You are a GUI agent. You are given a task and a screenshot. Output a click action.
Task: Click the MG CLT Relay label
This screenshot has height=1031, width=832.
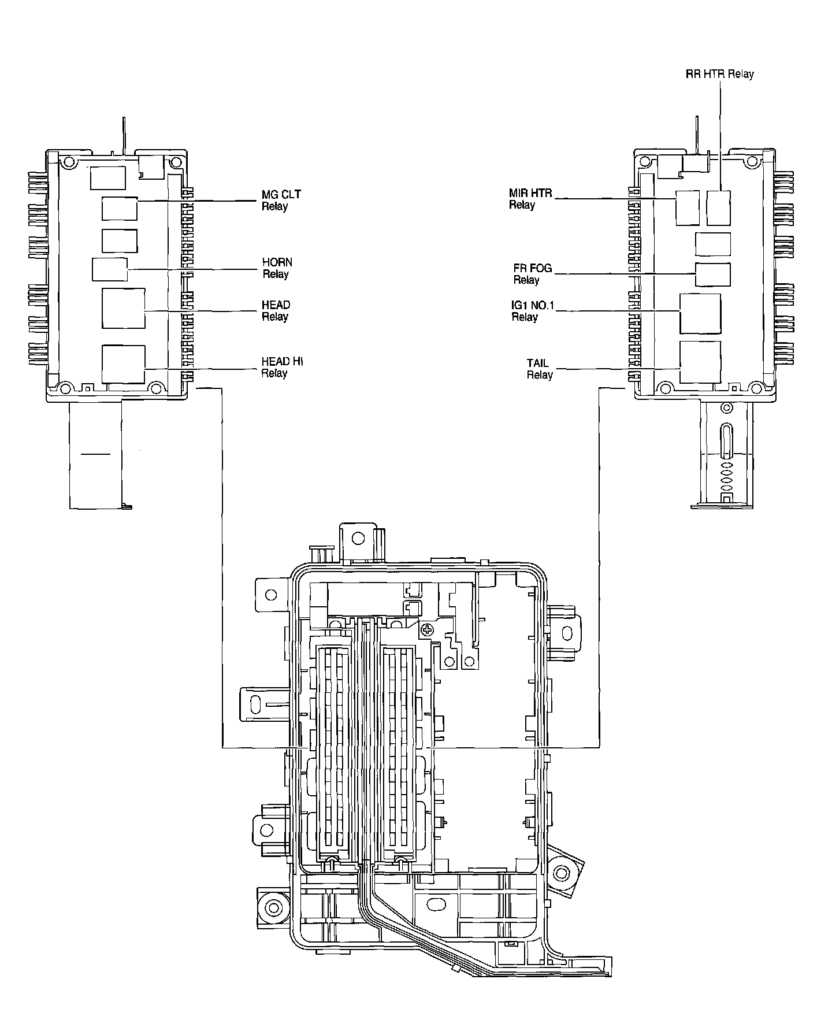coord(281,201)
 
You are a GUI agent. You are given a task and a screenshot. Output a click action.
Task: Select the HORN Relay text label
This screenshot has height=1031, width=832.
coord(277,268)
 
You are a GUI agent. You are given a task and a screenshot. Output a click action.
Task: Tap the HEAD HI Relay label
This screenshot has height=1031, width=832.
coord(282,367)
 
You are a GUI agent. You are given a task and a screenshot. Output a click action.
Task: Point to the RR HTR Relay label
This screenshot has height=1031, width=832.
coord(719,74)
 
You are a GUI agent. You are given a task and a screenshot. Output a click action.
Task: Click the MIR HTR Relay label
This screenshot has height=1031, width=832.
coord(530,199)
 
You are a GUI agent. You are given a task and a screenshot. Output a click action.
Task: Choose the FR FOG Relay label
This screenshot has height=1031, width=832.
coord(532,274)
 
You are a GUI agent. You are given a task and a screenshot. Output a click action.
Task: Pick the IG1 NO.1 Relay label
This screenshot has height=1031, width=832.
coord(532,311)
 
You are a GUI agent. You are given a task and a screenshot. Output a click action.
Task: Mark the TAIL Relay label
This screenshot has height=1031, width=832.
coord(538,369)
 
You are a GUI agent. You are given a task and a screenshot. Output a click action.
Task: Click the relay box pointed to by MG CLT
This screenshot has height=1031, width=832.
coord(120,209)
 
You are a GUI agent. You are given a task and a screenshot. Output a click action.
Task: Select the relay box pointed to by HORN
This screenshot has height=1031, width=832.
coord(110,270)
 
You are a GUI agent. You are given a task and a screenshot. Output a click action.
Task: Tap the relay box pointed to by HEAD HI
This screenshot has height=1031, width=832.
coord(123,364)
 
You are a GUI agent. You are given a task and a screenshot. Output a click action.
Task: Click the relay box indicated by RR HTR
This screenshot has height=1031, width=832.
coord(719,207)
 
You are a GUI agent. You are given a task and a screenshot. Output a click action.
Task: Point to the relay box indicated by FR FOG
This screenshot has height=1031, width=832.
coord(712,274)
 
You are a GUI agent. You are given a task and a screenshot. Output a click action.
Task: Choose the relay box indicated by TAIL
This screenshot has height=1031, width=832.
coord(700,361)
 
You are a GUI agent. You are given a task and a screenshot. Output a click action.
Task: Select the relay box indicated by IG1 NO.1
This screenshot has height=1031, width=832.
coord(700,313)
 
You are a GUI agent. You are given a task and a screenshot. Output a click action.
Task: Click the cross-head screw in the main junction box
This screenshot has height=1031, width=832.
coord(427,630)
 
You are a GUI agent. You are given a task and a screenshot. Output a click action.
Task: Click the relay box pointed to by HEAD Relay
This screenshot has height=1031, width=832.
coord(124,309)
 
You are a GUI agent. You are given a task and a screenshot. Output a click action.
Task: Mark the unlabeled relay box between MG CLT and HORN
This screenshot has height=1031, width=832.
coord(120,241)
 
